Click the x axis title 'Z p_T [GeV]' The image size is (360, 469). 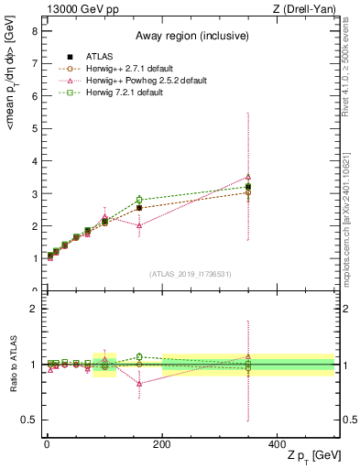tap(303, 457)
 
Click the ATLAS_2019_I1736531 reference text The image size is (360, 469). tap(189, 273)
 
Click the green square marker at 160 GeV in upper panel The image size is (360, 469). tap(139, 200)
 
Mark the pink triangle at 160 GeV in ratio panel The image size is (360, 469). tap(139, 384)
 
